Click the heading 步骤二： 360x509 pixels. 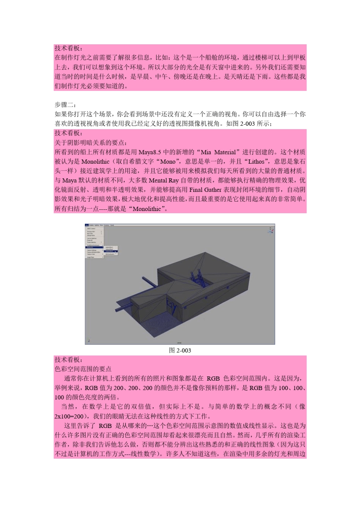coord(65,105)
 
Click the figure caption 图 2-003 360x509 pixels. coord(180,350)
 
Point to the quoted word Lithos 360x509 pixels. coord(256,162)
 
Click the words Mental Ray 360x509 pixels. coord(164,180)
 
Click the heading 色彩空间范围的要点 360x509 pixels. coord(83,369)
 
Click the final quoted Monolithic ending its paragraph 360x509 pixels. coord(147,209)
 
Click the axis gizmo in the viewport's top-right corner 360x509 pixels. coord(271,230)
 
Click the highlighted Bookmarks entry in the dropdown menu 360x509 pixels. coord(94,248)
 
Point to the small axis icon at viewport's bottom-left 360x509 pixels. coord(89,340)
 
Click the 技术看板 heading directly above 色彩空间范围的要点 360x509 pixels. coord(69,359)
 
